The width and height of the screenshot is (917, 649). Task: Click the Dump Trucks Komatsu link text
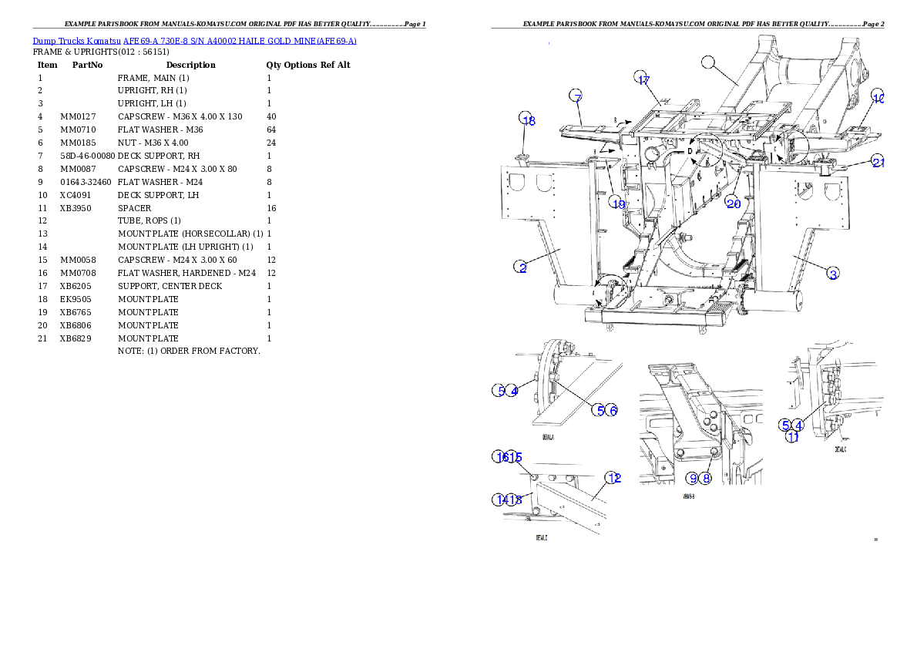click(x=194, y=41)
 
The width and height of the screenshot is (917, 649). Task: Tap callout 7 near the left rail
click(x=576, y=96)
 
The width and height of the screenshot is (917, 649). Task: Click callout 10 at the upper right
click(x=878, y=96)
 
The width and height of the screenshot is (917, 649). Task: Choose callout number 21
click(x=878, y=161)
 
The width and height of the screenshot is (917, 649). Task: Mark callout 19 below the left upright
click(x=617, y=203)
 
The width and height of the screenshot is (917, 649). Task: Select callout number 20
click(x=733, y=203)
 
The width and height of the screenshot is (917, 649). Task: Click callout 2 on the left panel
click(x=522, y=267)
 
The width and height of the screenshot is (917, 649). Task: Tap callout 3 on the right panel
click(x=832, y=272)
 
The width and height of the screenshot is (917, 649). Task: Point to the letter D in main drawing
click(x=690, y=151)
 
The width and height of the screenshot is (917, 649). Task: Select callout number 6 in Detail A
click(x=612, y=410)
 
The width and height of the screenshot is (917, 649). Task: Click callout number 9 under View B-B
click(x=693, y=478)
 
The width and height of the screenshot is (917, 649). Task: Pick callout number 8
click(x=707, y=478)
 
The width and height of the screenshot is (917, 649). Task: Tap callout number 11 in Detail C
click(x=791, y=437)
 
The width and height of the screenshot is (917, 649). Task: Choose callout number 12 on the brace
click(x=613, y=478)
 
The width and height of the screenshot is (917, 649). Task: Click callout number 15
click(x=516, y=457)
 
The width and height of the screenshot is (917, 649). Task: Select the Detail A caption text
click(x=548, y=437)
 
